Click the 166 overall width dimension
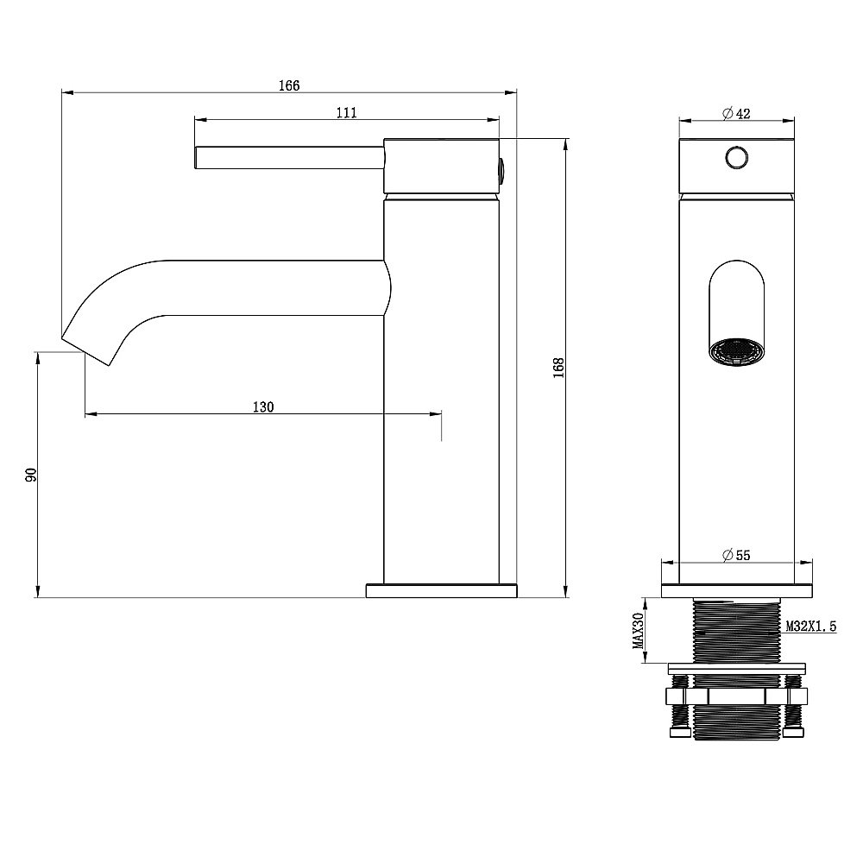289,85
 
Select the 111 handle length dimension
346,113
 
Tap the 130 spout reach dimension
263,407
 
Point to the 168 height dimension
559,368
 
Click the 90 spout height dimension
31,475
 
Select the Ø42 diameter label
736,113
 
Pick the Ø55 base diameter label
736,555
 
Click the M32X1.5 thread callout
810,626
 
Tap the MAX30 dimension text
639,631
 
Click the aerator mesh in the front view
736,352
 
